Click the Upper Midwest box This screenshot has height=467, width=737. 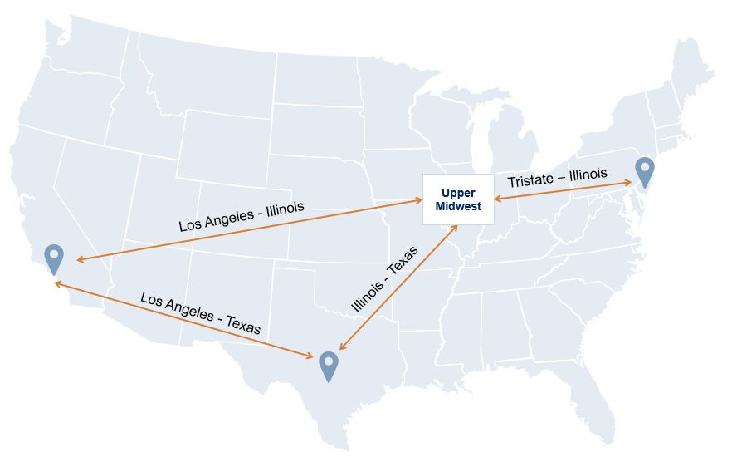coord(458,199)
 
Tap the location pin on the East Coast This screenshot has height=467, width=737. coord(645,170)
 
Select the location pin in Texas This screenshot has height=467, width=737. coord(329,366)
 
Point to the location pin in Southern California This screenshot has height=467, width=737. coord(54,258)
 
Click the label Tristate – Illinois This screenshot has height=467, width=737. coord(557,178)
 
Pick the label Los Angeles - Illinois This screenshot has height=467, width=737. coord(242,216)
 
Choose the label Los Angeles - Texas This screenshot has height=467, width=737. coord(200,312)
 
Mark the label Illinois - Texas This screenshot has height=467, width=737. coord(384,279)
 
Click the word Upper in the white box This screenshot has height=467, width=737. coord(457,193)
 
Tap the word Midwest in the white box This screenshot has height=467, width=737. coord(458,206)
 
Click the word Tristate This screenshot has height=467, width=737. coord(531,180)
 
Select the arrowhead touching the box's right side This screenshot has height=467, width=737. coord(497,199)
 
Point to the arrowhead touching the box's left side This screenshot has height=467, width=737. coord(419,200)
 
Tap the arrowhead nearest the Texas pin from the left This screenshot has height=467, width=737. coord(310,357)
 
